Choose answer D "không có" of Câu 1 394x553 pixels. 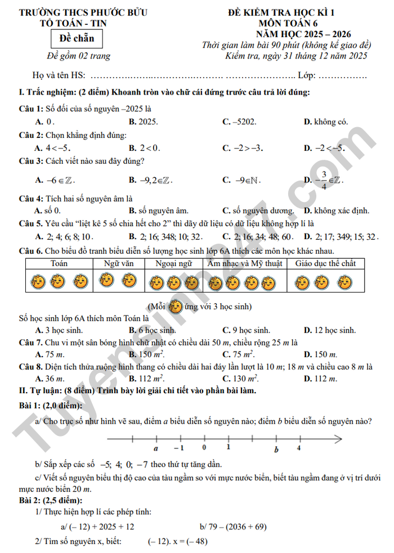coord(325,121)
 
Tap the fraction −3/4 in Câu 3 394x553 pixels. coord(323,179)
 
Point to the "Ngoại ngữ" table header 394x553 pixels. coord(173,263)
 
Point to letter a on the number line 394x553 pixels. coord(156,449)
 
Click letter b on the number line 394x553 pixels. coord(276,449)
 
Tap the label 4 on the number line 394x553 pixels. coord(299,448)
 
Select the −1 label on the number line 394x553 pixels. coord(178,448)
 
